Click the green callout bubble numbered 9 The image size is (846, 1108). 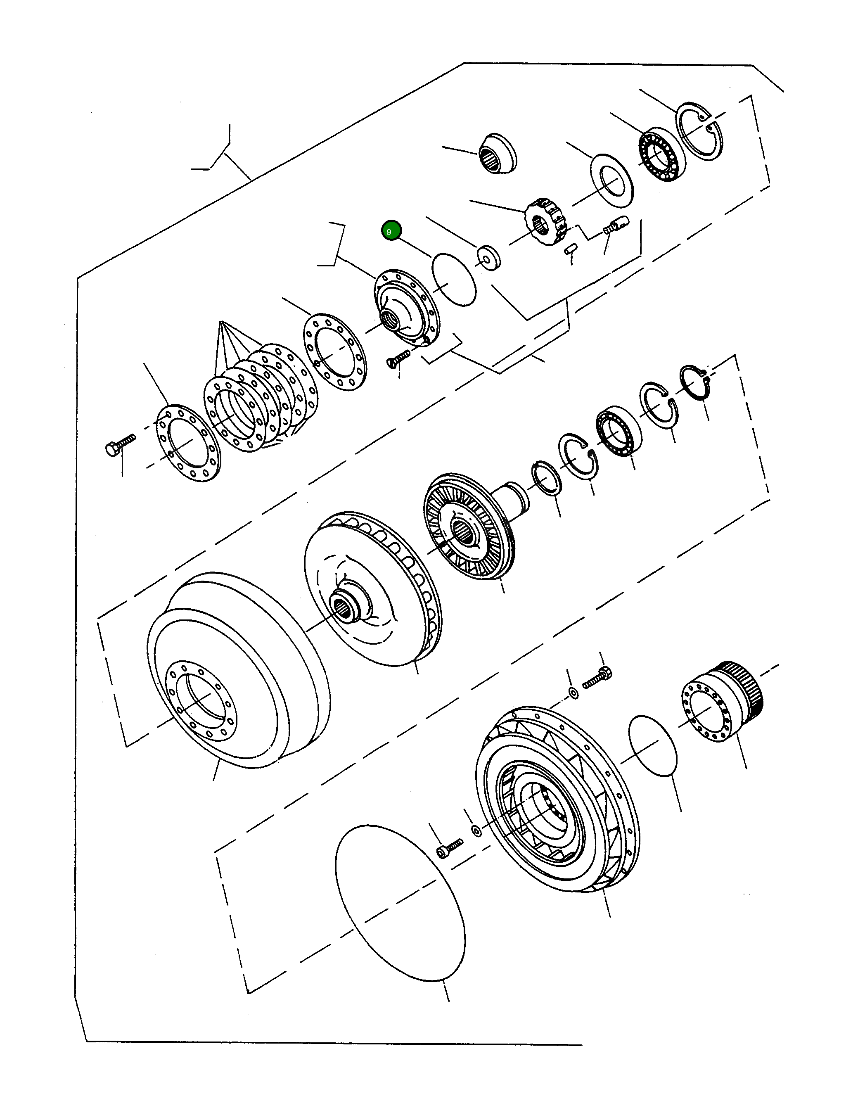391,231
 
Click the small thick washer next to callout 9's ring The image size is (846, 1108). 488,257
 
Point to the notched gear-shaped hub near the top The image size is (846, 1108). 547,222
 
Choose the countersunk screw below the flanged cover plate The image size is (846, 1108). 398,359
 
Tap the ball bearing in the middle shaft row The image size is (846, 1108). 619,431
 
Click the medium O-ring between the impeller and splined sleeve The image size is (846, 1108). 653,746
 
